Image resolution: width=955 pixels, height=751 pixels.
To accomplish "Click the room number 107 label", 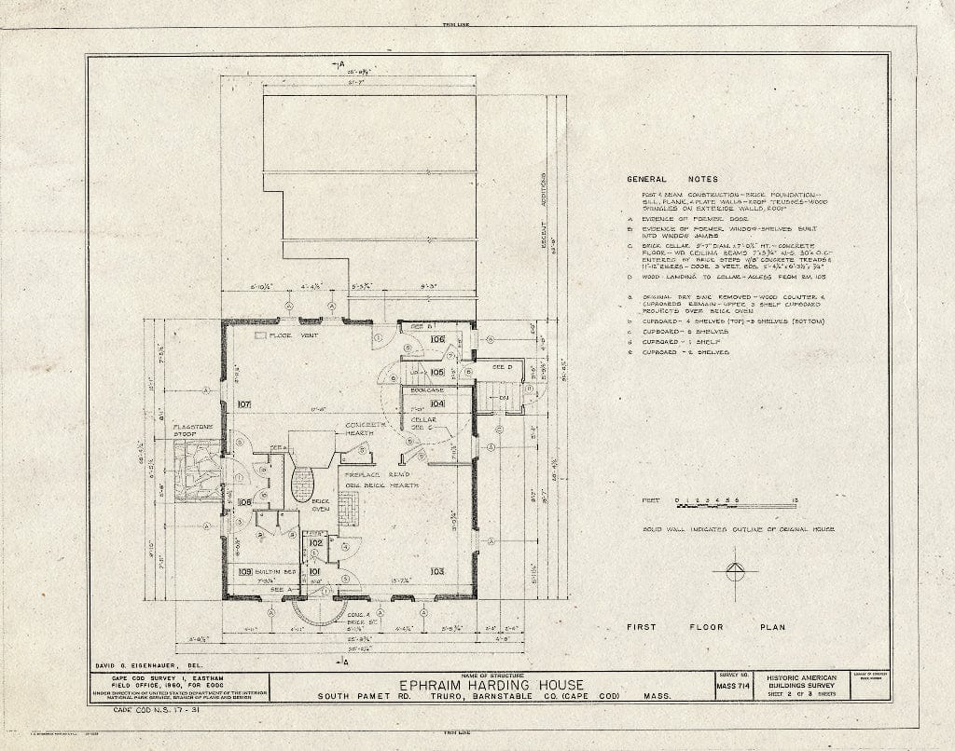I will pos(245,405).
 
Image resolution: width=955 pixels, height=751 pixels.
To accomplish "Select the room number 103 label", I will pos(435,570).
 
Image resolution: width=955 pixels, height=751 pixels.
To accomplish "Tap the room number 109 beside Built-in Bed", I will pos(245,571).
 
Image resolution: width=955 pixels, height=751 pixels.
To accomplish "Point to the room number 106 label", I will pos(437,340).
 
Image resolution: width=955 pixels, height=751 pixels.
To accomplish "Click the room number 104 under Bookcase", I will pos(437,403).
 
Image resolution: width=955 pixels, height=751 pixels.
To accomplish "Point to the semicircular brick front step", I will pos(320,608).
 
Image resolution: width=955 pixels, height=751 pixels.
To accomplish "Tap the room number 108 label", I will pos(244,502).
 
